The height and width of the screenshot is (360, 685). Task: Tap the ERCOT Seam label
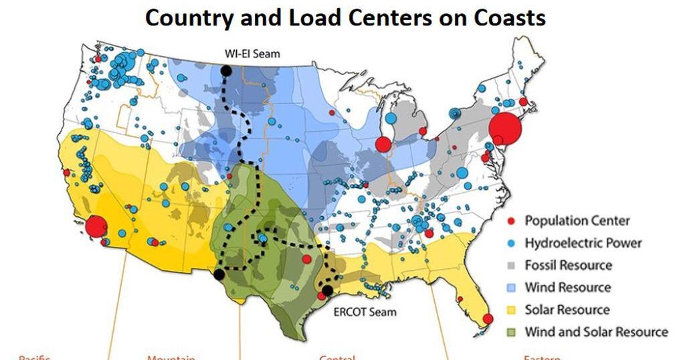(x=365, y=311)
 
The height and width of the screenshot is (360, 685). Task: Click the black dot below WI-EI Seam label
(x=226, y=70)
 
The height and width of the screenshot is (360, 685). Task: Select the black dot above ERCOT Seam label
(x=327, y=290)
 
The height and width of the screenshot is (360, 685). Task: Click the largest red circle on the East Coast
(x=505, y=129)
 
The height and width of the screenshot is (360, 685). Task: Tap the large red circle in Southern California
(x=96, y=226)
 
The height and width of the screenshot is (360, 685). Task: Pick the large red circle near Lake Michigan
(x=383, y=144)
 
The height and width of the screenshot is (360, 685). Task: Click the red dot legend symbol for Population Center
(x=512, y=221)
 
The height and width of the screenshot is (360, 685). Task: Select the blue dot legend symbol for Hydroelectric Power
(x=512, y=243)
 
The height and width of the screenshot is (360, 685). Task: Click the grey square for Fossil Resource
(x=512, y=265)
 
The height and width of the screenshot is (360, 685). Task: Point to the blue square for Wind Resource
(x=512, y=288)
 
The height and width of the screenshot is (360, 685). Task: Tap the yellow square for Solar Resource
(x=512, y=310)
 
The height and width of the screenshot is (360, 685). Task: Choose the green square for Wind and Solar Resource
(x=512, y=332)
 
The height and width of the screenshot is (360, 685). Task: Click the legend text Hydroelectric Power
(x=583, y=243)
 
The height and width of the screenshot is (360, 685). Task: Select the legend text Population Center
(x=577, y=221)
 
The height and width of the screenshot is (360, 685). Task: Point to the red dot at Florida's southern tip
(x=488, y=319)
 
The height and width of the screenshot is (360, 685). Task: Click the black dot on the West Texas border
(x=219, y=274)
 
